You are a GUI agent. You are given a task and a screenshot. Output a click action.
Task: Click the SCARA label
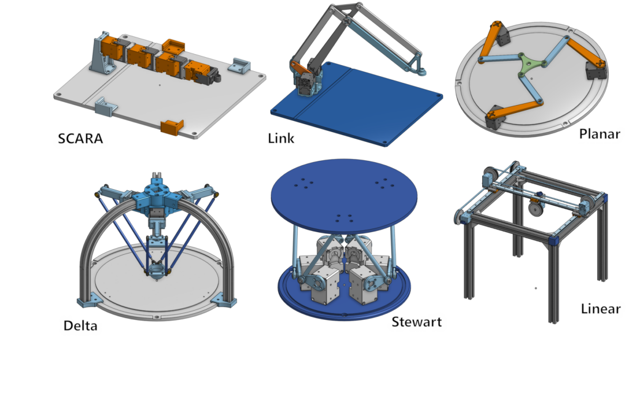pos(80,138)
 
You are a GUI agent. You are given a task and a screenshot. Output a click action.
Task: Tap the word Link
pos(281,138)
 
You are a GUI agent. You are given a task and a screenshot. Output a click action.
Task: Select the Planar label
pos(600,133)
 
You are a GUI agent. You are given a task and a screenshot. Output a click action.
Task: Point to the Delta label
pos(80,325)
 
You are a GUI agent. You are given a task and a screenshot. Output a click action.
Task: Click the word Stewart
pos(416,322)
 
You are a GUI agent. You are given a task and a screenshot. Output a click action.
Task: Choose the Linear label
pos(601,309)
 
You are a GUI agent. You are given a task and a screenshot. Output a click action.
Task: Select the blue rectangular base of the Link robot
pos(357,104)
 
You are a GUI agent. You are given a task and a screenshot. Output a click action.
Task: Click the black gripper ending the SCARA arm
pos(212,76)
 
